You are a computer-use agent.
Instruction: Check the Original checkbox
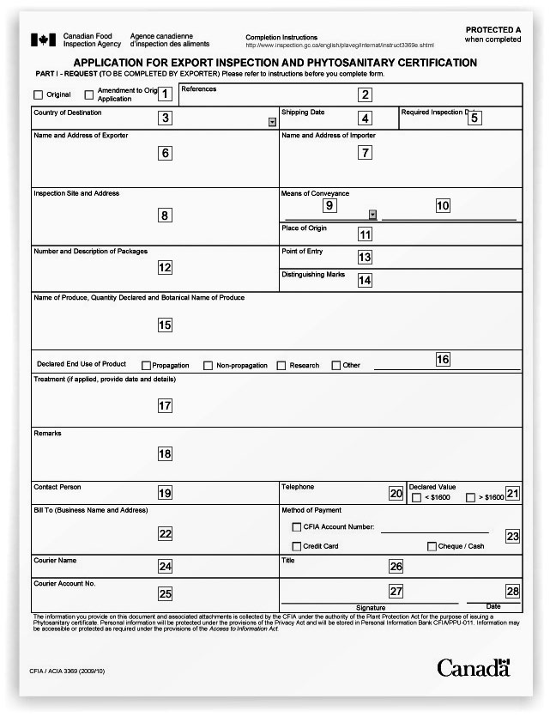38,95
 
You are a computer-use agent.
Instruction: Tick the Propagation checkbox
146,366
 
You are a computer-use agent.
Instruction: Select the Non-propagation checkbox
209,366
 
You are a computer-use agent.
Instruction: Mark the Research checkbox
281,366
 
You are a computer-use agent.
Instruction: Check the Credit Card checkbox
297,546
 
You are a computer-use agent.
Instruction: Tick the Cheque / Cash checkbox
432,546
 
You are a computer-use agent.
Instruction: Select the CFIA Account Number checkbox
297,527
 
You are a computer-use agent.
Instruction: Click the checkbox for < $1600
417,497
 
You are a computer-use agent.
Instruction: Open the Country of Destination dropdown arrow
272,122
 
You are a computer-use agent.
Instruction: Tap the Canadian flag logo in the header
44,40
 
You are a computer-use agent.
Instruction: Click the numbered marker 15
165,325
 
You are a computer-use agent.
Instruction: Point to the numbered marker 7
365,153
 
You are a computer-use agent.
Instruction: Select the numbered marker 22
166,534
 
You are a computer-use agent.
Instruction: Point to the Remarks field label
47,434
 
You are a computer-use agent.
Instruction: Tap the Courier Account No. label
64,583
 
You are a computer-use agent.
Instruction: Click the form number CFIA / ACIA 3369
70,671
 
